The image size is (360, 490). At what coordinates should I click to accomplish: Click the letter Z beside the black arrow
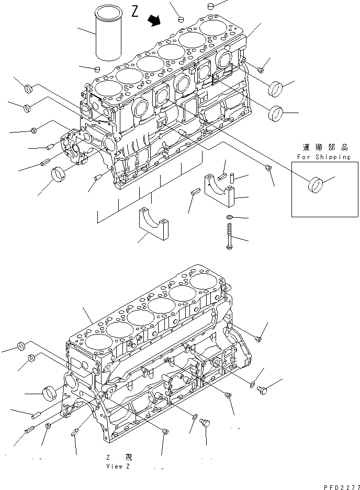tap(135, 12)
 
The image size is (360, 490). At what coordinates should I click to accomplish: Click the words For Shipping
tap(323, 157)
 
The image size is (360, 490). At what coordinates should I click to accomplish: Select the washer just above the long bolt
tap(229, 217)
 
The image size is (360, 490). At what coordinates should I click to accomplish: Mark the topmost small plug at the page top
tap(211, 6)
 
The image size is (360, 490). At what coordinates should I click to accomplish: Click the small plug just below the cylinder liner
tap(96, 68)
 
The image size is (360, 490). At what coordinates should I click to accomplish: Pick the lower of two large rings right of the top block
tap(276, 113)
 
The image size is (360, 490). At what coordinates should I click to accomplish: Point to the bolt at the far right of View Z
tap(263, 389)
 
